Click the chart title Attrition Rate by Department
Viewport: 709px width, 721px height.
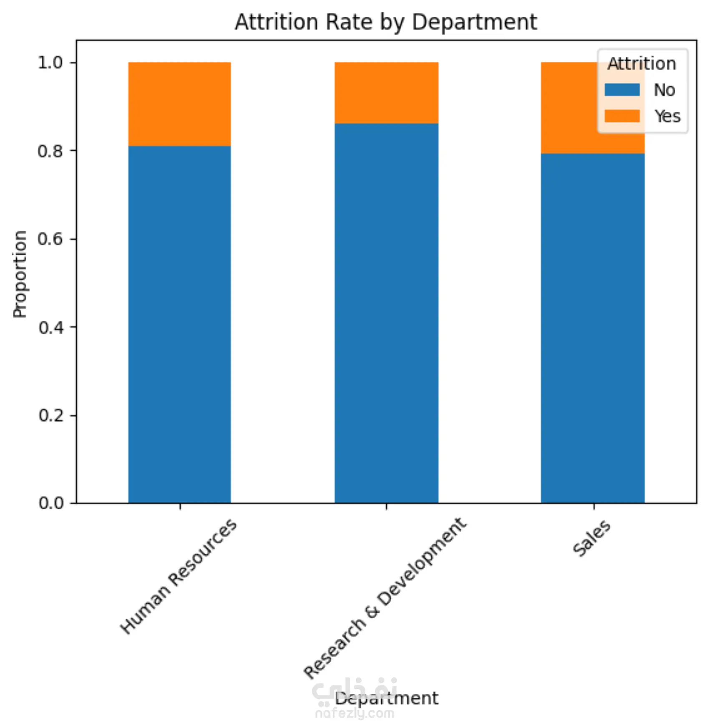point(386,22)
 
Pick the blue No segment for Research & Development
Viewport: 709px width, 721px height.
point(386,313)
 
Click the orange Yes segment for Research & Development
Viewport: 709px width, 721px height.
point(386,92)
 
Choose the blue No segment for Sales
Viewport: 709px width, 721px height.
point(592,328)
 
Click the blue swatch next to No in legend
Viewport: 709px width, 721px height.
point(622,90)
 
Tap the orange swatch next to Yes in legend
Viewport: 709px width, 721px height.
point(622,116)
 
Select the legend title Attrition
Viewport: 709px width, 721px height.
point(641,64)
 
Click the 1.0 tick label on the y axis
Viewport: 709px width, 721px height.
point(50,63)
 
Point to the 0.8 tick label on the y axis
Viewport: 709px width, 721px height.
point(50,151)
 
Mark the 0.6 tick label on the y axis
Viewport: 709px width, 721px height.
point(50,239)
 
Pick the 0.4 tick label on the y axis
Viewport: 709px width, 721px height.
point(50,327)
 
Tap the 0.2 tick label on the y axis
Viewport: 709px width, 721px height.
point(50,415)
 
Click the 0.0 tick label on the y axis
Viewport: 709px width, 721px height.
point(50,503)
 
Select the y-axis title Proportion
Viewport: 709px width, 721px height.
point(20,274)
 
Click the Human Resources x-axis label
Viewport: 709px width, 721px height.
point(179,576)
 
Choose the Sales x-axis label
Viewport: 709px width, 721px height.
point(591,539)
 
